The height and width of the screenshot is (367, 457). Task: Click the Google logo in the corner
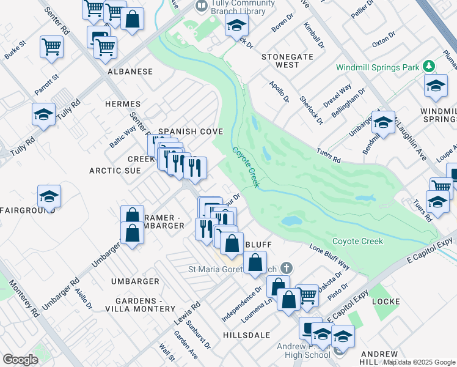[21, 359]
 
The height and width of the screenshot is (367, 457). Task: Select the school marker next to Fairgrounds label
[49, 196]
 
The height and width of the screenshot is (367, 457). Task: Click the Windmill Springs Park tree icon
[430, 65]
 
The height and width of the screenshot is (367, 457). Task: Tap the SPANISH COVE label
[191, 132]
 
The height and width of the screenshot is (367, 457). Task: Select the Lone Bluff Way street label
[329, 258]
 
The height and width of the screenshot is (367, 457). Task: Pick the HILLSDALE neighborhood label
[246, 336]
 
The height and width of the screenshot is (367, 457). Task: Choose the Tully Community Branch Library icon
[200, 6]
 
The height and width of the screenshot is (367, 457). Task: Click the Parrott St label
[46, 84]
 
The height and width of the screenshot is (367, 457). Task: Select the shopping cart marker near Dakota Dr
[307, 295]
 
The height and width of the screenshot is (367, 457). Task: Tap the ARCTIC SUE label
[115, 171]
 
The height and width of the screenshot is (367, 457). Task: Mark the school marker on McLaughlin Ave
[383, 122]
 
